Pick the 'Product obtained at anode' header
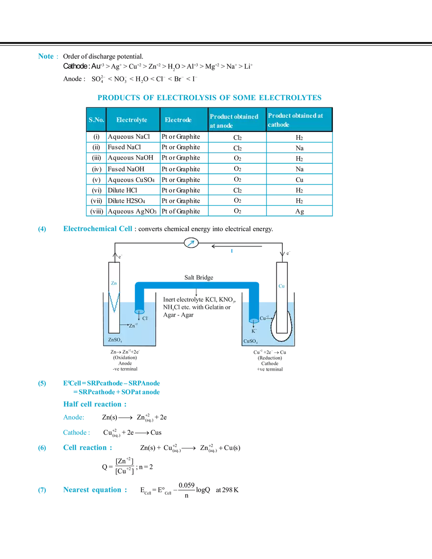tap(234, 121)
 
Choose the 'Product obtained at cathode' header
tap(296, 120)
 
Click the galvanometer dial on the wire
tap(190, 243)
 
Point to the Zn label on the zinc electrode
tap(114, 284)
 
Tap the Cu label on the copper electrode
tap(282, 286)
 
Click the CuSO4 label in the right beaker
tap(250, 340)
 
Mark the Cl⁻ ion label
tap(145, 318)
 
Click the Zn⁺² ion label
tap(133, 325)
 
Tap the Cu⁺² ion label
tap(264, 318)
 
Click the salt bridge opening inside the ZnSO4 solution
tap(139, 310)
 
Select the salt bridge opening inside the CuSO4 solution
tap(254, 317)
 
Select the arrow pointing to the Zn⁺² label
tap(124, 325)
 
